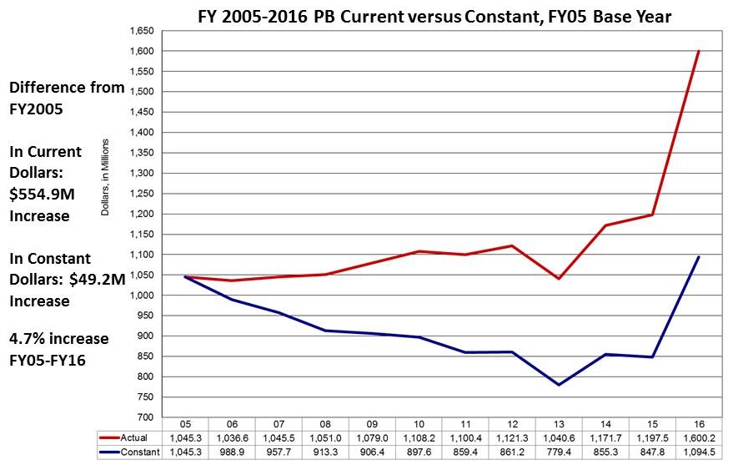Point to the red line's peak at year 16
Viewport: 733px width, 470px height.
click(699, 52)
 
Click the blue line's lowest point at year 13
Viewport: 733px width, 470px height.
click(558, 385)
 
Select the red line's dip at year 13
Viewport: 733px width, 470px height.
click(558, 278)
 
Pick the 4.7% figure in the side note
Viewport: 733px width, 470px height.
click(26, 339)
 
